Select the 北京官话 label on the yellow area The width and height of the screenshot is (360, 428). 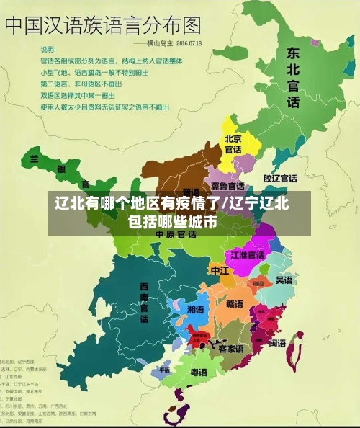click(233, 144)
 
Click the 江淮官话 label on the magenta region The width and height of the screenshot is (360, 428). click(248, 255)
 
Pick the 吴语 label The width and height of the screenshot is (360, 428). click(284, 280)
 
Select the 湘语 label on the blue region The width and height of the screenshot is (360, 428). click(195, 308)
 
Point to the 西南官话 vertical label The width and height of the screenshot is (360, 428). click(144, 302)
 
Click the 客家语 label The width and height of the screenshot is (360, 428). click(231, 349)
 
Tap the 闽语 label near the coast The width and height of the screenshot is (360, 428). click(277, 344)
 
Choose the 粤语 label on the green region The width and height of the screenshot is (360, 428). click(198, 373)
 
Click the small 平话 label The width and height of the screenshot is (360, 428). click(165, 370)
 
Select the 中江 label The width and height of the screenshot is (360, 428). click(219, 270)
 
